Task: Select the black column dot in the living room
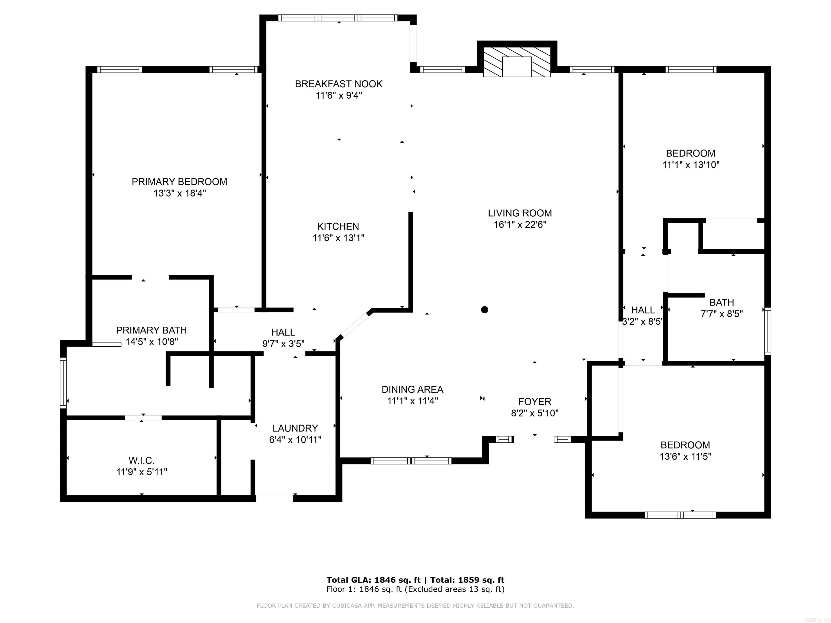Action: point(485,310)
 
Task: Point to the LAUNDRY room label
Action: point(295,428)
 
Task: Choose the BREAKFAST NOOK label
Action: point(338,84)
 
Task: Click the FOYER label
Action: point(535,402)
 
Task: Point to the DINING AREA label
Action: point(413,389)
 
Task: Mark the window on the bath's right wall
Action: point(768,331)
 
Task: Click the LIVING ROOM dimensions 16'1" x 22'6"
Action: point(520,224)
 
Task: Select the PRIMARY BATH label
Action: point(151,330)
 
